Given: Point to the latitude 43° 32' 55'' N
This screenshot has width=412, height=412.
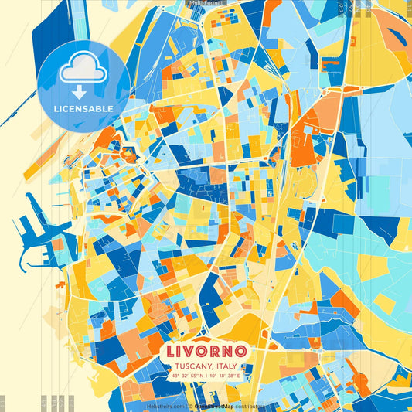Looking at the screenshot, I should (189, 376).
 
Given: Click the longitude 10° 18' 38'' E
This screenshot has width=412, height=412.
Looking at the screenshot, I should (226, 376).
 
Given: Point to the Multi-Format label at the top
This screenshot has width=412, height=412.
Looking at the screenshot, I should (206, 3).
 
